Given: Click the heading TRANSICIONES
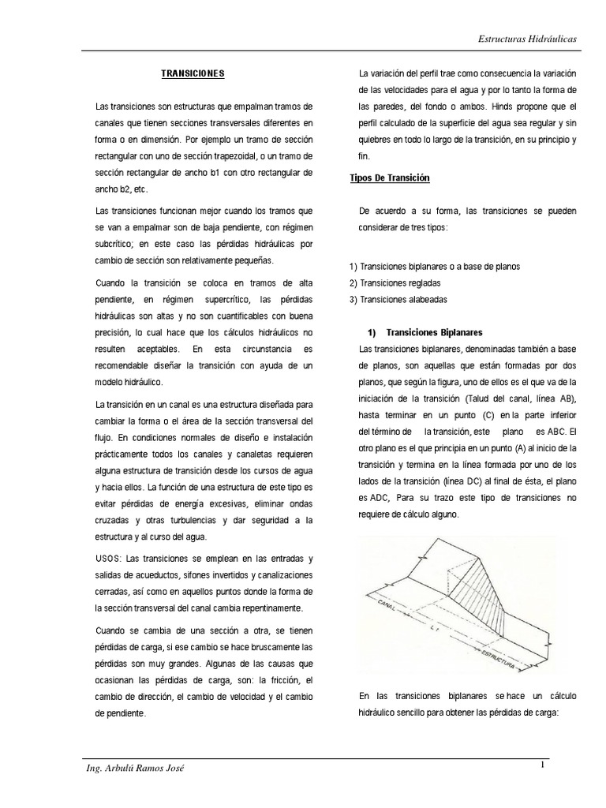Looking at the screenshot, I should click(x=193, y=73).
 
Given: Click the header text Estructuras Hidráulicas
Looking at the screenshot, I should click(x=528, y=39).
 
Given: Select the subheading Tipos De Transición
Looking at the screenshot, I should click(x=390, y=178).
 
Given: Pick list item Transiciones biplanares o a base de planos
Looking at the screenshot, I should click(x=435, y=266).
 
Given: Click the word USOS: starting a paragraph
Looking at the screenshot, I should click(x=108, y=558).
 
